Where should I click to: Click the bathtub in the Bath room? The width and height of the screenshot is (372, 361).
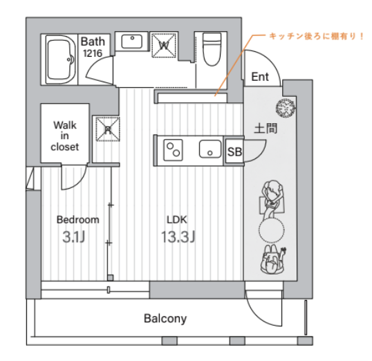(x=60, y=59)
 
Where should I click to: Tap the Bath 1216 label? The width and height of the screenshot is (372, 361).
(x=93, y=47)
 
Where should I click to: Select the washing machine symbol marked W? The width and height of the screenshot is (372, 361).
(x=164, y=46)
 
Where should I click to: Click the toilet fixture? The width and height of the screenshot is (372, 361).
(x=212, y=49)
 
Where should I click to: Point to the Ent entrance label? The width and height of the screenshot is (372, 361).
(x=260, y=77)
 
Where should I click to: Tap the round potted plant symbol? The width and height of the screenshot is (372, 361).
(x=286, y=108)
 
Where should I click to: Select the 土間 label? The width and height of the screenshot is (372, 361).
(x=266, y=128)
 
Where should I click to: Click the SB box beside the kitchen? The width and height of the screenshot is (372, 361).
(x=234, y=151)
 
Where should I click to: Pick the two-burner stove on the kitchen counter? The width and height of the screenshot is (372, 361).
(x=173, y=150)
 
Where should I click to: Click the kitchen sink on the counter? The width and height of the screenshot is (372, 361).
(x=210, y=149)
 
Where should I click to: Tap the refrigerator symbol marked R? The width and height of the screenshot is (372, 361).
(x=108, y=129)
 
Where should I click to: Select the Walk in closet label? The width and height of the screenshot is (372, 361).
(x=65, y=136)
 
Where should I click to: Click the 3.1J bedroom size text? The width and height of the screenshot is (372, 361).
(x=74, y=237)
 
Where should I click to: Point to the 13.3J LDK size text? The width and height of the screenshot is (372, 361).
(x=178, y=237)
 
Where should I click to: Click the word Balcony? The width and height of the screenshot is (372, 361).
(x=165, y=319)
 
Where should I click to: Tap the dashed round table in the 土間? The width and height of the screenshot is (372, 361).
(x=271, y=230)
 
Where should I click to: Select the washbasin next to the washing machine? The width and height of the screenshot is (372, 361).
(x=132, y=41)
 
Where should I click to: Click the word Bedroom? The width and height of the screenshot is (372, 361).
(x=78, y=220)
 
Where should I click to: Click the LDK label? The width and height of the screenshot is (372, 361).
(x=177, y=220)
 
